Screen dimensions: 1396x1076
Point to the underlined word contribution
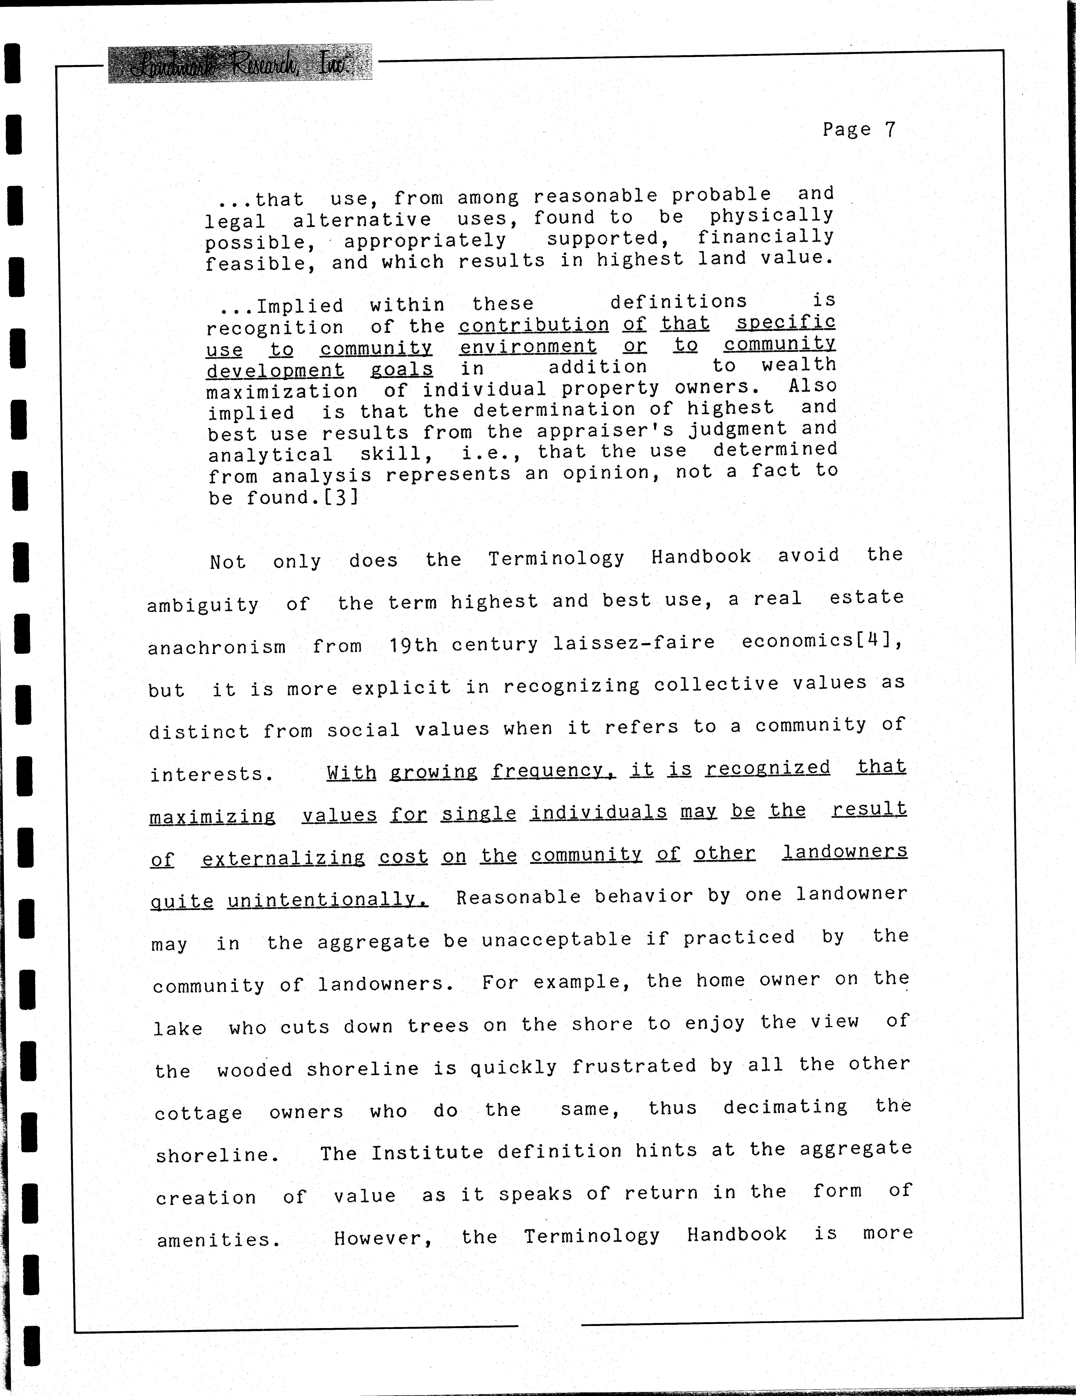point(534,325)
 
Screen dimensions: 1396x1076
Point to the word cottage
point(198,1113)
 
